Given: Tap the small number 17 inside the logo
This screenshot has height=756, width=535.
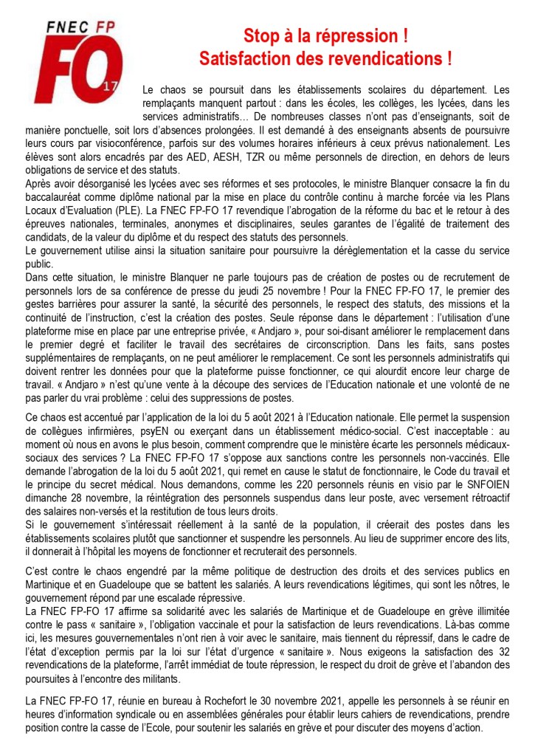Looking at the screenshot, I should click(x=111, y=87).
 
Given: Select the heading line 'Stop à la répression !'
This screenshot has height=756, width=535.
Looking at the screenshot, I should click(x=326, y=35).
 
